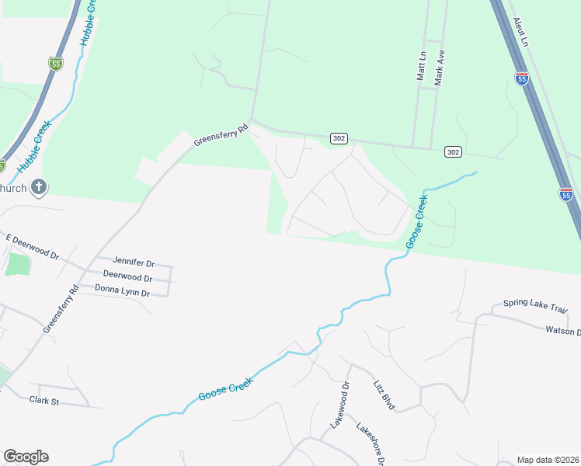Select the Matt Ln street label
click(422, 66)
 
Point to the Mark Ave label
click(440, 68)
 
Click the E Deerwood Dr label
click(32, 246)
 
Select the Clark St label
click(44, 400)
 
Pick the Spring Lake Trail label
click(535, 304)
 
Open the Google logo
click(26, 457)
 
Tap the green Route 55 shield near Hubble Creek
click(55, 64)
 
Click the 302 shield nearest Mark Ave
click(453, 151)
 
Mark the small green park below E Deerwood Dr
click(16, 264)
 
